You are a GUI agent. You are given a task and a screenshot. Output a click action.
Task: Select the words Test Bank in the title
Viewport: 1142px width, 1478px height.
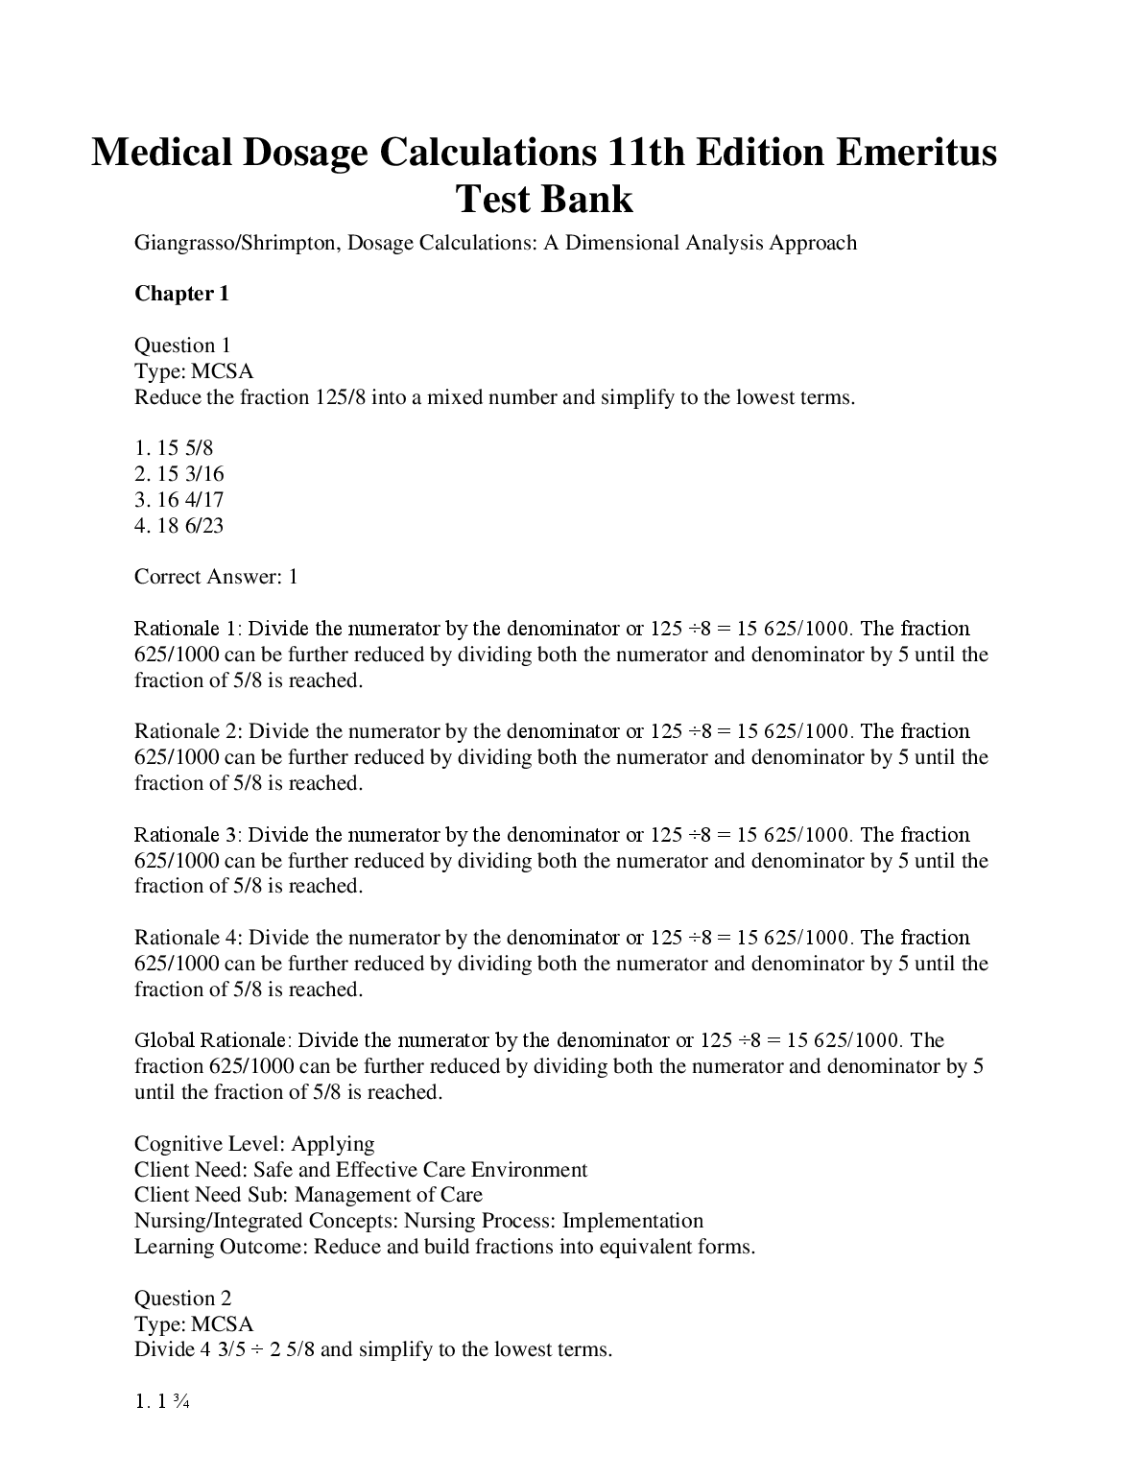pyautogui.click(x=543, y=199)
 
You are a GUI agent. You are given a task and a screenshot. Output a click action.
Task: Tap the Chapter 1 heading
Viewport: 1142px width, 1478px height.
pyautogui.click(x=181, y=294)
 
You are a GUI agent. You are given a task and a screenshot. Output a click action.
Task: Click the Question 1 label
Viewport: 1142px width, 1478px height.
pyautogui.click(x=182, y=346)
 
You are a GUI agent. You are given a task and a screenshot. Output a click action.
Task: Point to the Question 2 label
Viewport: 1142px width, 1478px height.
pyautogui.click(x=182, y=1299)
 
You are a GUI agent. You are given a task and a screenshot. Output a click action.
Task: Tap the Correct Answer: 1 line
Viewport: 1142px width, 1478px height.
pyautogui.click(x=216, y=577)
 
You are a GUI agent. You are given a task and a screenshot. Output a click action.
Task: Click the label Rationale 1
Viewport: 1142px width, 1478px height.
pyautogui.click(x=187, y=629)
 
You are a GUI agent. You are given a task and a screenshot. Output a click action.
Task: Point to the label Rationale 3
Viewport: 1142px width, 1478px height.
pyautogui.click(x=187, y=835)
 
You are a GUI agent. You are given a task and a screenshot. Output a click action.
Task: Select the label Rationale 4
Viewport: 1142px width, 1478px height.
pyautogui.click(x=187, y=938)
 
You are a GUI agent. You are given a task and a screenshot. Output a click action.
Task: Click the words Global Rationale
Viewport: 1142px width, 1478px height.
pyautogui.click(x=210, y=1040)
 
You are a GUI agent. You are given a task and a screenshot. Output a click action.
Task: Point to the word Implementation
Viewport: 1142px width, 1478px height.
pyautogui.click(x=632, y=1221)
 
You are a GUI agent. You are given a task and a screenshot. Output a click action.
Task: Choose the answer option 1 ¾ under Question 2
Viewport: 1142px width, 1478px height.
pyautogui.click(x=165, y=1402)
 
